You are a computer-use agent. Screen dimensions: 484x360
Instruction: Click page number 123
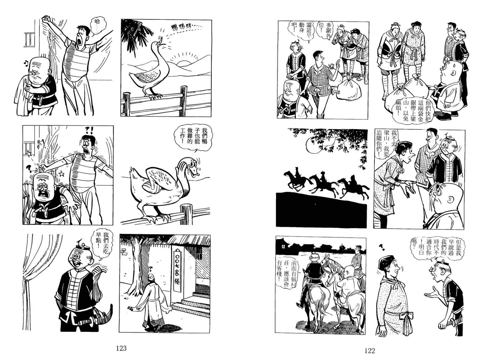click(x=121, y=348)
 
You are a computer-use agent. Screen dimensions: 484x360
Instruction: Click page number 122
click(x=370, y=351)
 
